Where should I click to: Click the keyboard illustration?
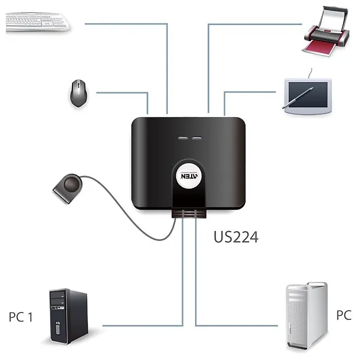38,22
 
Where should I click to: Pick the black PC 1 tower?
68,316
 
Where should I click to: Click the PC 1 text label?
20,317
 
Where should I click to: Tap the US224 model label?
236,237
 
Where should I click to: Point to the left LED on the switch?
183,139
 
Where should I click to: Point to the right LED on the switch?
196,139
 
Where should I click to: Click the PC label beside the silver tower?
344,315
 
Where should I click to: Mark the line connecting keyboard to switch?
128,24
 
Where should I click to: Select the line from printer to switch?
250,24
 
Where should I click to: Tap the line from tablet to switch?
250,91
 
